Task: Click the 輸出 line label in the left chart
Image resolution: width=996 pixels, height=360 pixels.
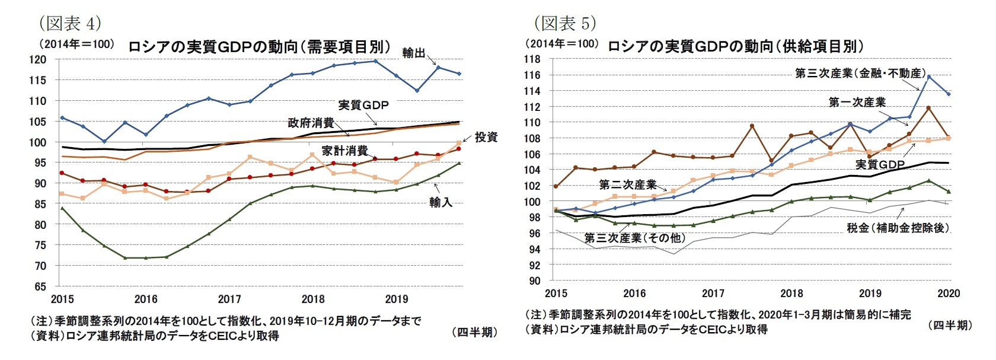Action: point(413,53)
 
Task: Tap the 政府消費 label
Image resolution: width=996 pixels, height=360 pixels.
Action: point(311,123)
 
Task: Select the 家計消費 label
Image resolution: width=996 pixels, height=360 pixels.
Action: point(344,151)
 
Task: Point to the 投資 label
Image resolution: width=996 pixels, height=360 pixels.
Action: point(486,137)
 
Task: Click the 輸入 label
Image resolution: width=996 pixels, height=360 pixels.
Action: point(440,202)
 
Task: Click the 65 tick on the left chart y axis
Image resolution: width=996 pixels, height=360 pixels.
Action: point(40,286)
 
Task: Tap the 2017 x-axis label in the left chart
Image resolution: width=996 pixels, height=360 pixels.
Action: point(229,300)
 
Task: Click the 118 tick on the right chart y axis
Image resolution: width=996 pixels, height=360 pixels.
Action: point(532,59)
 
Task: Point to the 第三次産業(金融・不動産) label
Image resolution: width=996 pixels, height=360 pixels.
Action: point(860,73)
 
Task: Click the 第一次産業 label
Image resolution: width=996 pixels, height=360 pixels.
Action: point(857,102)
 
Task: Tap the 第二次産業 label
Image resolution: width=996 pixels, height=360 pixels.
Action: point(627,184)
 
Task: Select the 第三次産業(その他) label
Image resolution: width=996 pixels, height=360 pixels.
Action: point(634,238)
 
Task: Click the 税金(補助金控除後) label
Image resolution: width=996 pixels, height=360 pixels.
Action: point(898,228)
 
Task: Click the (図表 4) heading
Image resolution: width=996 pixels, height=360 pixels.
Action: point(70,23)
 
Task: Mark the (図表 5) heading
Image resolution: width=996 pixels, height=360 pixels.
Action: point(564,23)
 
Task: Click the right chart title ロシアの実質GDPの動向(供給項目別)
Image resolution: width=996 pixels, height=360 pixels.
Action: point(735,46)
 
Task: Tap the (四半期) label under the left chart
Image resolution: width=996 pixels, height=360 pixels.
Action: point(474,332)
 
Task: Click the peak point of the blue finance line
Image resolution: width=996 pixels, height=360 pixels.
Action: point(929,77)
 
